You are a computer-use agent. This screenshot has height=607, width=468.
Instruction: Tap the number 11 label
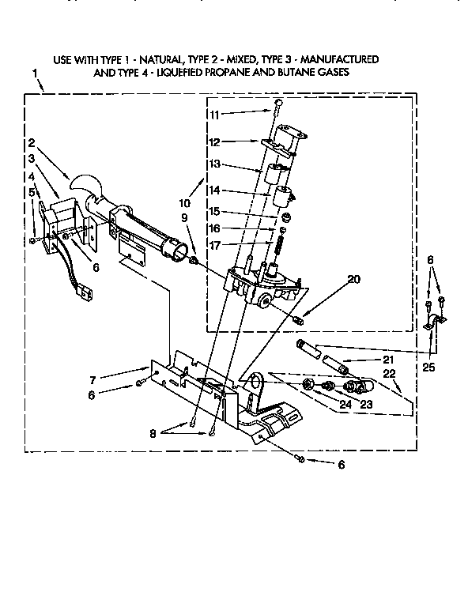[x=214, y=115]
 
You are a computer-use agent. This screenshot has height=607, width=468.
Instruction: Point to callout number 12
[x=214, y=142]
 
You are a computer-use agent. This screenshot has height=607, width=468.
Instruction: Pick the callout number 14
[x=214, y=190]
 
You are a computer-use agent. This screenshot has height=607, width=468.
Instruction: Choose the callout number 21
[x=387, y=360]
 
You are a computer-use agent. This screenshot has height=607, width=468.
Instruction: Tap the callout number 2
[x=31, y=143]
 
